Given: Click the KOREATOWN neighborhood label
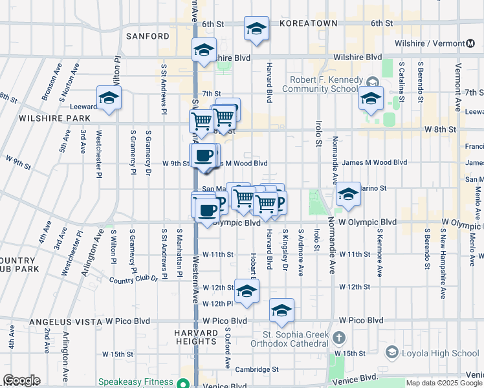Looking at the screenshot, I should coord(309,23).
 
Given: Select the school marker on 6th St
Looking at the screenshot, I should coord(256,29).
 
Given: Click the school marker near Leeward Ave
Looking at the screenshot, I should coord(109,98).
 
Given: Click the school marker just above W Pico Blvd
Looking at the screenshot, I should coord(281,311).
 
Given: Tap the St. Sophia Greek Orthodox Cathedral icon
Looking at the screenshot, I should coord(338,337).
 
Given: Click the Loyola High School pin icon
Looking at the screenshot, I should coord(391,352).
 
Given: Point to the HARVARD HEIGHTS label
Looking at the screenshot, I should coord(195,336).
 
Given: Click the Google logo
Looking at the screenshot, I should coord(21,380).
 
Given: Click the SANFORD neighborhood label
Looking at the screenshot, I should coord(148,36).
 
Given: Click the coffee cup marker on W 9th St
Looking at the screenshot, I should coord(204,156).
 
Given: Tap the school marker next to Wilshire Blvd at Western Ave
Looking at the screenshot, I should coord(204,50).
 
